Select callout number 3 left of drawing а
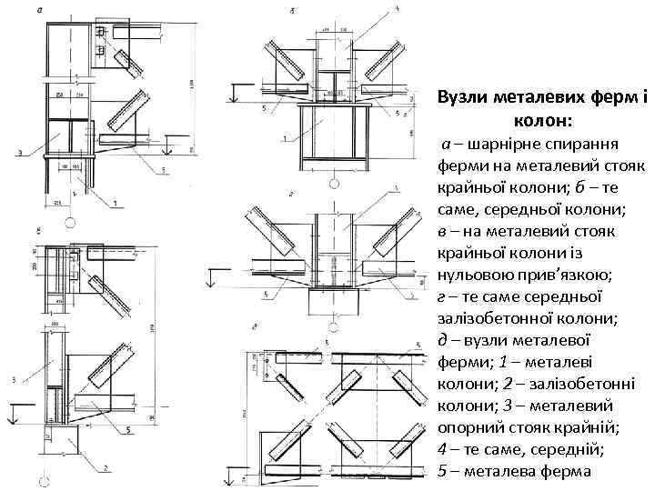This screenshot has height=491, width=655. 20,154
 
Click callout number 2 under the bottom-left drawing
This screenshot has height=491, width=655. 107,467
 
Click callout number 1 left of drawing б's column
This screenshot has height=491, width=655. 285,137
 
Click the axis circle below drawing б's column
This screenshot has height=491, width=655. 333,185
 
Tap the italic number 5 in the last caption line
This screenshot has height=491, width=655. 442,471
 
